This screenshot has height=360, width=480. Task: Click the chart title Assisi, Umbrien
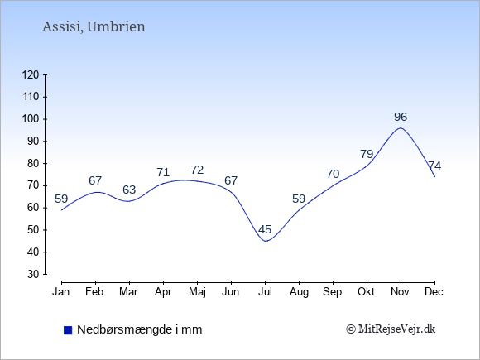[x=94, y=27]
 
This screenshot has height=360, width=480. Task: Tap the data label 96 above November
[x=401, y=117]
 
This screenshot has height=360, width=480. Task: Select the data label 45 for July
[x=265, y=229]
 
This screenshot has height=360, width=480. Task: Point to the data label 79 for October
[x=367, y=154]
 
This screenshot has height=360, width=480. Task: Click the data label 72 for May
[x=197, y=170]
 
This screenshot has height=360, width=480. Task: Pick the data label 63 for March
[x=129, y=190]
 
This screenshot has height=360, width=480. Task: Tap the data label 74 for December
[x=434, y=166]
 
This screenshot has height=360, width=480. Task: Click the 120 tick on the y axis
[x=31, y=74]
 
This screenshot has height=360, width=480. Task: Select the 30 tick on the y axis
[x=33, y=274]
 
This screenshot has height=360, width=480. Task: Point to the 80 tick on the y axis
[x=33, y=163]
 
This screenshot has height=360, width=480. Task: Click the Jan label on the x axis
[x=61, y=292]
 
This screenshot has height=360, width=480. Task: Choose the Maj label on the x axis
[x=197, y=292]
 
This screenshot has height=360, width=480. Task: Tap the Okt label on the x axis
[x=366, y=292]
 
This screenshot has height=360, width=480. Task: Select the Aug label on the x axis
[x=299, y=292]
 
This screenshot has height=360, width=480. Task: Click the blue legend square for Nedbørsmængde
[x=68, y=330]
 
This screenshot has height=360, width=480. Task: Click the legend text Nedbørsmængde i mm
[x=140, y=329]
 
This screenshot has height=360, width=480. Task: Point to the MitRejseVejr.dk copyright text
[x=391, y=329]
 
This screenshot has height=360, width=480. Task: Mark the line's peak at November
[x=401, y=128]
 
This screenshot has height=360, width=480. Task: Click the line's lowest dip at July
[x=266, y=241]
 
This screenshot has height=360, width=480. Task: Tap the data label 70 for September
[x=333, y=174]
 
